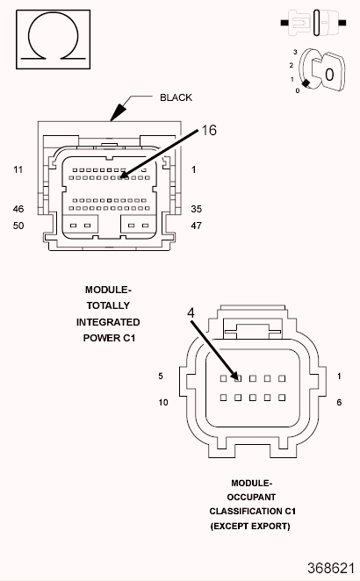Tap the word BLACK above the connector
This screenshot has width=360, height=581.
[175, 97]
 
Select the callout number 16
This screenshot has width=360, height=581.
[209, 130]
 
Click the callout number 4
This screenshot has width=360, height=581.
[191, 312]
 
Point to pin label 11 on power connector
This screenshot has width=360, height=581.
[18, 169]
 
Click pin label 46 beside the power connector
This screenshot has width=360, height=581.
[18, 210]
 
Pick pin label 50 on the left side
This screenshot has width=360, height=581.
[18, 226]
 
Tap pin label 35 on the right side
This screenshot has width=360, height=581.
[196, 210]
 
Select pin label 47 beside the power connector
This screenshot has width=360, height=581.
[196, 226]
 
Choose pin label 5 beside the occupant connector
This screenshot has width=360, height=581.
[161, 377]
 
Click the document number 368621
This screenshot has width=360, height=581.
[331, 568]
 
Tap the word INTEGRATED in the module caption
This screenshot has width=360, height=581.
[108, 322]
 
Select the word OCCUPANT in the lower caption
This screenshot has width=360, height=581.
[251, 497]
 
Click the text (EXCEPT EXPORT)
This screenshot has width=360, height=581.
[250, 526]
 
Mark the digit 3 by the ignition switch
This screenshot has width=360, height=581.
[296, 53]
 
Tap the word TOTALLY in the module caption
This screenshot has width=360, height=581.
[108, 305]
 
